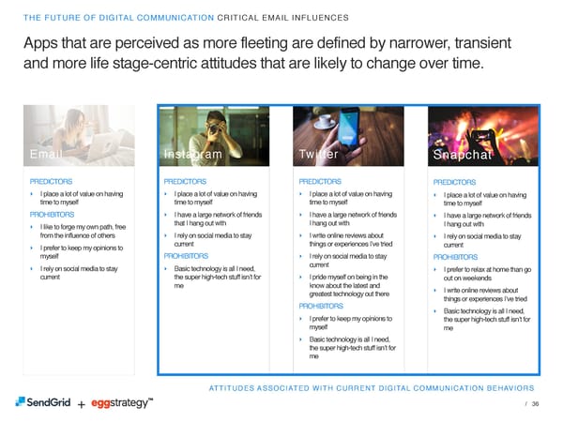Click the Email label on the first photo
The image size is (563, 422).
coord(48,155)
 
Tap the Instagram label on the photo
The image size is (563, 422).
coord(192,155)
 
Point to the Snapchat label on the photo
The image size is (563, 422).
coord(465,156)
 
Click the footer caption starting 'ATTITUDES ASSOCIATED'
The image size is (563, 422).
coord(363,387)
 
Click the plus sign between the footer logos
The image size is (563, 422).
coord(82,404)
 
